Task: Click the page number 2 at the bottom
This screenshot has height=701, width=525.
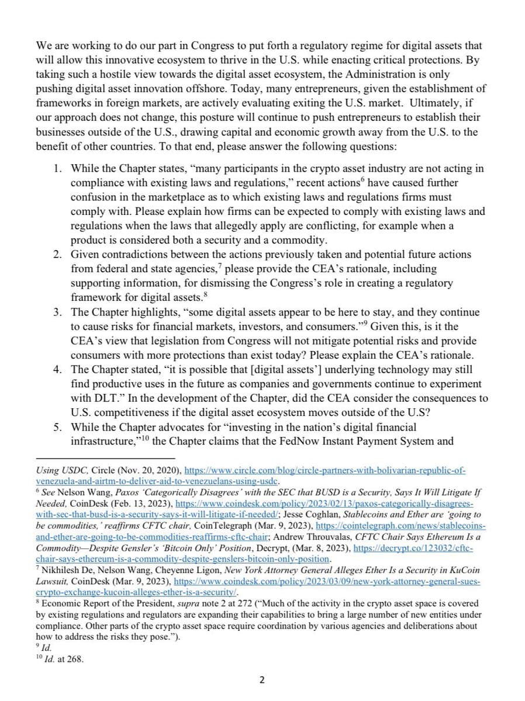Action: point(262,680)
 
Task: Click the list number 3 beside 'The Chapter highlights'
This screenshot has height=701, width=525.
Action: point(57,313)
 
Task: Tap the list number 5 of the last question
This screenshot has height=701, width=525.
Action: point(57,426)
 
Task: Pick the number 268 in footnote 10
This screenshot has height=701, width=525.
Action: point(77,660)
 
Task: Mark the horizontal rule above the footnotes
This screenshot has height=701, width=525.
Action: point(105,458)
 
